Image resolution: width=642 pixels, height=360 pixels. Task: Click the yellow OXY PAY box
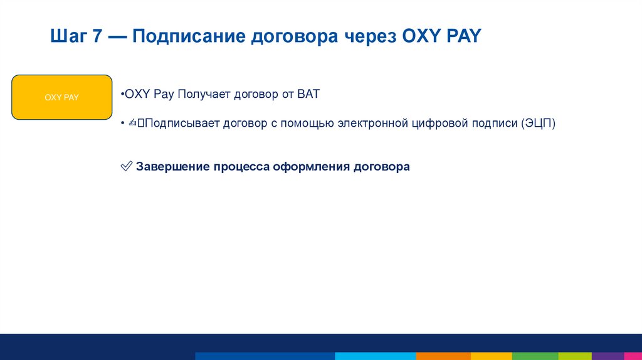[61, 97]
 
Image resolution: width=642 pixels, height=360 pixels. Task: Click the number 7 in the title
[97, 36]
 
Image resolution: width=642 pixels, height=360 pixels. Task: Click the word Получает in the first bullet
[204, 95]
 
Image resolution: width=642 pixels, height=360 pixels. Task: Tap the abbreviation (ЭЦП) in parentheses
[538, 123]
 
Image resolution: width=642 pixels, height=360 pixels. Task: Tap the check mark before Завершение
[125, 167]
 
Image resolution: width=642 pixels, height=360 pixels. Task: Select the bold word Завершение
[172, 167]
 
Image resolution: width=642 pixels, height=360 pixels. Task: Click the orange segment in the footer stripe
[439, 356]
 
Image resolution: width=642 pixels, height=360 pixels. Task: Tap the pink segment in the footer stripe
[633, 356]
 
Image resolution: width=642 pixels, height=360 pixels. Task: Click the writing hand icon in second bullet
[132, 123]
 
